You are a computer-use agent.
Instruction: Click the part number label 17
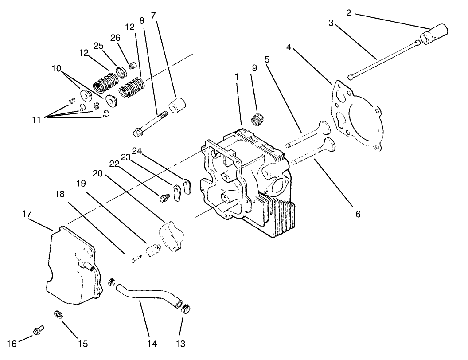27,214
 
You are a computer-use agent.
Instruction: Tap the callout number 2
349,13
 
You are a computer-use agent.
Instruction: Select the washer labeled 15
58,314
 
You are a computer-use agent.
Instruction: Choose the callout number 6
358,214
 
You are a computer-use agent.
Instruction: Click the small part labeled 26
132,66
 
